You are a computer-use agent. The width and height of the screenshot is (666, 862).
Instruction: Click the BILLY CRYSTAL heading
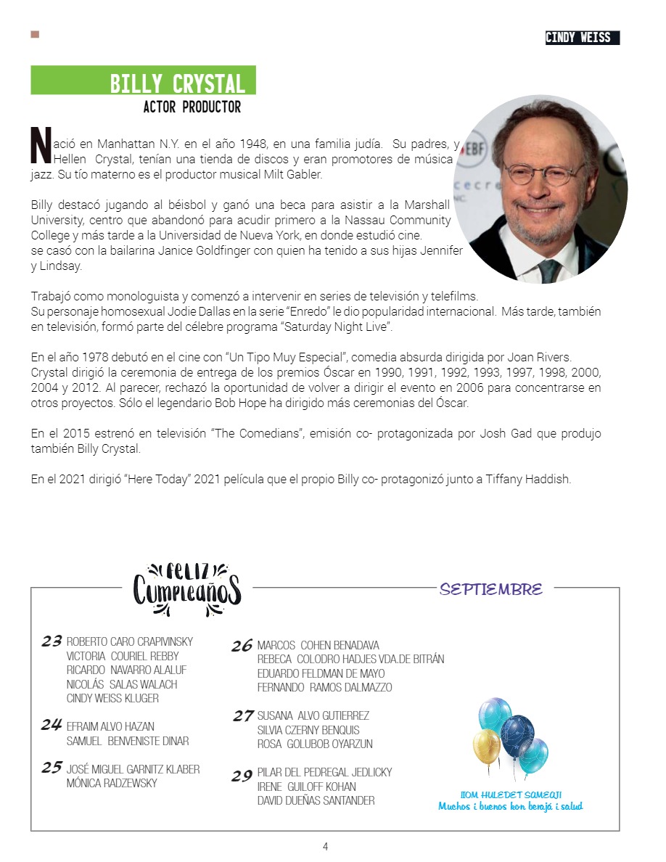tap(177, 84)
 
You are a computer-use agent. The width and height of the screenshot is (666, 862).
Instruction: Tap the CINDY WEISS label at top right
tap(578, 38)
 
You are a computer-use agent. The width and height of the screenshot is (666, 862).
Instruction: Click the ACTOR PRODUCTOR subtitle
tap(192, 107)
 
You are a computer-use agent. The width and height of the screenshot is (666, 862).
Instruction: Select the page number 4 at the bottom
tap(326, 846)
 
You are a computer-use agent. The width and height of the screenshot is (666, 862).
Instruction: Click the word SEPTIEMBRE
tap(491, 589)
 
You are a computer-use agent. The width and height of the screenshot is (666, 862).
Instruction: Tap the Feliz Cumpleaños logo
tap(186, 588)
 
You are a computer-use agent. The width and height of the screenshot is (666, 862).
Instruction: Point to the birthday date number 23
tap(52, 641)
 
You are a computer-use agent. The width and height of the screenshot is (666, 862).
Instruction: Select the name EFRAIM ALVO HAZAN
tap(110, 726)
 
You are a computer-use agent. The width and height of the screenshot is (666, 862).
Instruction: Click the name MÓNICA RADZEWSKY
tap(111, 784)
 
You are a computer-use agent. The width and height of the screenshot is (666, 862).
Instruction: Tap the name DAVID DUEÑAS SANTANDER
tap(316, 801)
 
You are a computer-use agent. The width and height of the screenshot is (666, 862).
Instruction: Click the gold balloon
tap(487, 745)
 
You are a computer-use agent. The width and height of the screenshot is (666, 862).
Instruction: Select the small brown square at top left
tap(35, 34)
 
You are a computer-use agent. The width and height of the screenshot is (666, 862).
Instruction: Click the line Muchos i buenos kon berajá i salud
tap(510, 807)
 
